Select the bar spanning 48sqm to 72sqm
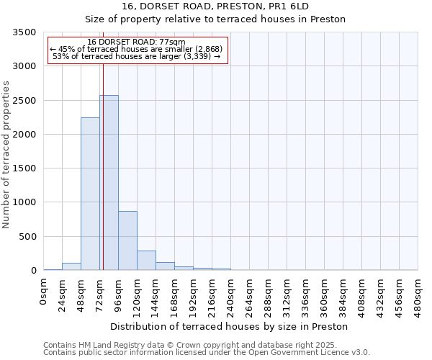tap(90, 194)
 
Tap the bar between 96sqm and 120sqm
tap(127, 240)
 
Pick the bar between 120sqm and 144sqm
tap(146, 261)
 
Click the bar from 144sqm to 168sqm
tap(165, 266)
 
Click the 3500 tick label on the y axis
tap(24, 32)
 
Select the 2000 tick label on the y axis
tap(24, 135)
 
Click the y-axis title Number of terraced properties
tap(7, 154)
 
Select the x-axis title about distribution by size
tap(230, 326)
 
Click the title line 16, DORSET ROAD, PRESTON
tap(230, 6)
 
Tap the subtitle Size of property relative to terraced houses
tap(230, 19)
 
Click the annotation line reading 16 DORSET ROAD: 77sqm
tap(137, 42)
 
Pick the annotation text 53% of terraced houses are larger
tap(137, 56)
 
